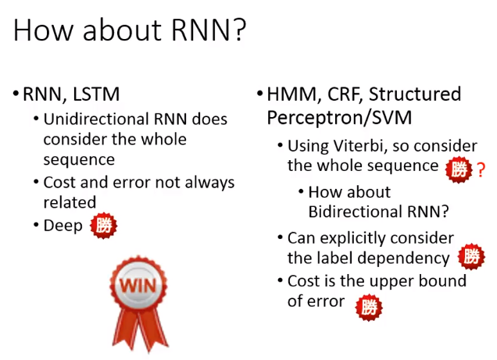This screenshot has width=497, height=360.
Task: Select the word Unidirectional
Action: pyautogui.click(x=96, y=119)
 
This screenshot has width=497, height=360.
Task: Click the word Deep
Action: pyautogui.click(x=63, y=226)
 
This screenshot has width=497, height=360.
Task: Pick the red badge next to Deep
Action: pyautogui.click(x=103, y=226)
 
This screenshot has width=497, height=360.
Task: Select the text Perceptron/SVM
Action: pyautogui.click(x=339, y=118)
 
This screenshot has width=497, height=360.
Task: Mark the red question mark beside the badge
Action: pyautogui.click(x=481, y=170)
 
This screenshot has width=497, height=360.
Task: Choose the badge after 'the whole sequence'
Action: pyautogui.click(x=459, y=169)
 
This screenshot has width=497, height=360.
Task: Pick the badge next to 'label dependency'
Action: pyautogui.click(x=472, y=256)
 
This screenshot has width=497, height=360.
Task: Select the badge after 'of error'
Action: pyautogui.click(x=369, y=307)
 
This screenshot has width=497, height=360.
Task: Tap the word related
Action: pyautogui.click(x=70, y=202)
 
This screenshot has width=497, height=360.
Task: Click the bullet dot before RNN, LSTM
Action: pyautogui.click(x=16, y=94)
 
